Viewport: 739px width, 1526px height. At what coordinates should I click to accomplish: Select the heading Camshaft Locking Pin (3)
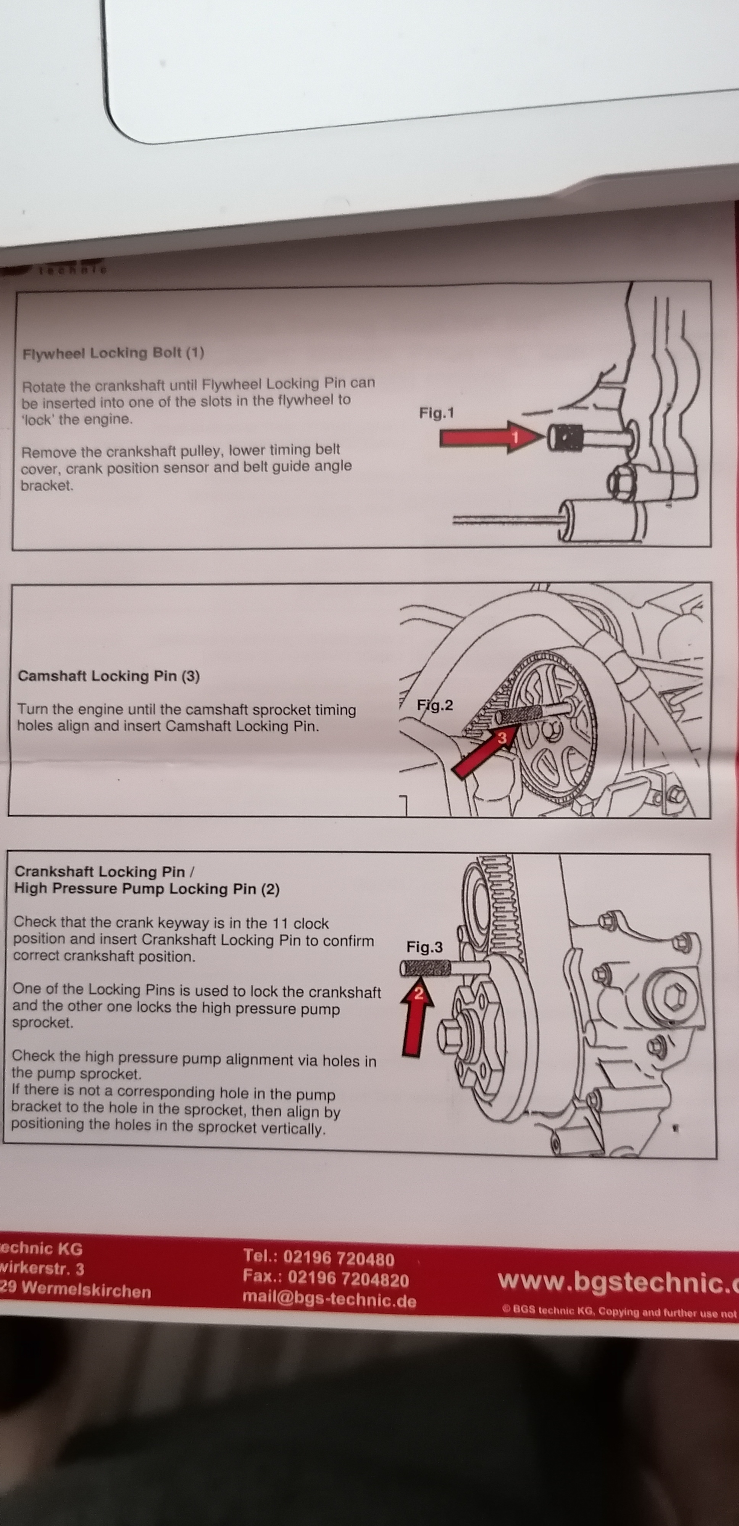[108, 676]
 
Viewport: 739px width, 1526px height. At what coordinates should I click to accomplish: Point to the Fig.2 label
[435, 705]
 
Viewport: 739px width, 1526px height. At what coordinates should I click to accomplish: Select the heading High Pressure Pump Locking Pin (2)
[146, 889]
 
